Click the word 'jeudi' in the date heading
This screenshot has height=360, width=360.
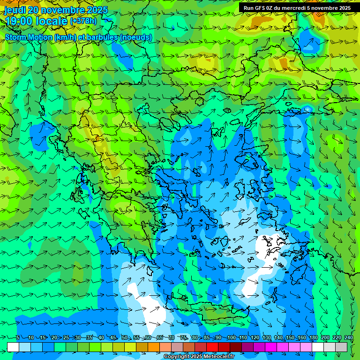click(x=15, y=10)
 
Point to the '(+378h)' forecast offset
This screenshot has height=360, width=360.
click(x=83, y=21)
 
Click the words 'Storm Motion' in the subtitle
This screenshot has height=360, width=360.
click(x=29, y=37)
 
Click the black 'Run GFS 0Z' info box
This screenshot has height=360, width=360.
click(x=297, y=8)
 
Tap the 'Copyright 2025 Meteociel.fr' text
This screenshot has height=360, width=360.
click(x=199, y=357)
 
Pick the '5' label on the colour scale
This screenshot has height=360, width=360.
click(x=18, y=338)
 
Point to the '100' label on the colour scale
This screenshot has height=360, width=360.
click(x=231, y=338)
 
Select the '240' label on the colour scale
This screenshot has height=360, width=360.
click(x=349, y=338)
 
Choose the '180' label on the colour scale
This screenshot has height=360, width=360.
click(x=313, y=338)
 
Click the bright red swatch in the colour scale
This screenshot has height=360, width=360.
click(x=212, y=347)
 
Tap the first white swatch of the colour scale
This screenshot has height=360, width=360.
click(x=13, y=347)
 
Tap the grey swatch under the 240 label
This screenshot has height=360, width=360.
click(x=341, y=347)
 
